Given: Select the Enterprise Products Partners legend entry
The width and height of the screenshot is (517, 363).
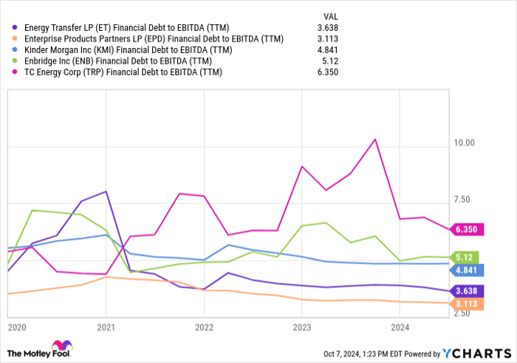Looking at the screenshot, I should pos(145,39).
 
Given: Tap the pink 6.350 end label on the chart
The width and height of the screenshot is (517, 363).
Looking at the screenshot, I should pos(467,229).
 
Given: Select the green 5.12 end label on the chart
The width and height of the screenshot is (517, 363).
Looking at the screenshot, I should pos(467,257).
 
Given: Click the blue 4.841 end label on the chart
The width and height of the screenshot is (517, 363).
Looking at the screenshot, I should pos(467,270).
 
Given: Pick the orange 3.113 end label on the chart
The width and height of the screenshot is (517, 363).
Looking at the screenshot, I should pos(467,303).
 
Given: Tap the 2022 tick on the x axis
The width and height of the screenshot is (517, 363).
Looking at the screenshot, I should pos(204,326).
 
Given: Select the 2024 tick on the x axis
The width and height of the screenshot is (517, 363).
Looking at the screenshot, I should pos(400,326).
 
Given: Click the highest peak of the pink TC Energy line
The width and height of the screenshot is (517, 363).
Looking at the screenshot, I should pos(375,139).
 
